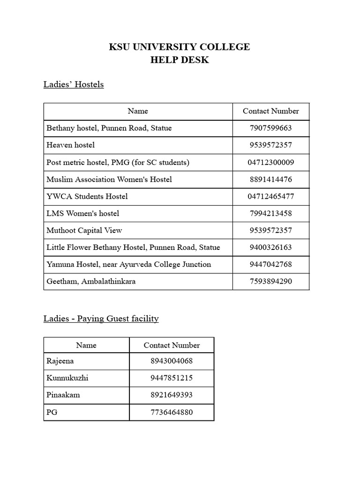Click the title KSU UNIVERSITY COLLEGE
coord(180,47)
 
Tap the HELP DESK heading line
coord(180,60)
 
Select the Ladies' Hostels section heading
coord(74,85)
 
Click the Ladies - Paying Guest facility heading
coord(101,318)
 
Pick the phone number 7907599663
coord(270,128)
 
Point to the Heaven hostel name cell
coord(71,145)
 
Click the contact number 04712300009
coord(270,163)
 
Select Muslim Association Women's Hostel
coord(109,179)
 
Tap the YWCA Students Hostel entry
coord(87,196)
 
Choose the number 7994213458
coord(270,213)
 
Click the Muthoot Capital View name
coord(84,230)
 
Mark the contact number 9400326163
coord(270,247)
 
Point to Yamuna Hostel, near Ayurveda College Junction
coord(129,264)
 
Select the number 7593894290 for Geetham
coord(270,281)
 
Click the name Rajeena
coord(60,361)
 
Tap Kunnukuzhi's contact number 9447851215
coord(172,378)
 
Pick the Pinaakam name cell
coord(63,395)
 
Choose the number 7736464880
coord(172,412)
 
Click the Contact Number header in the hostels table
coord(270,111)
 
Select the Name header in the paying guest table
coord(86,345)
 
